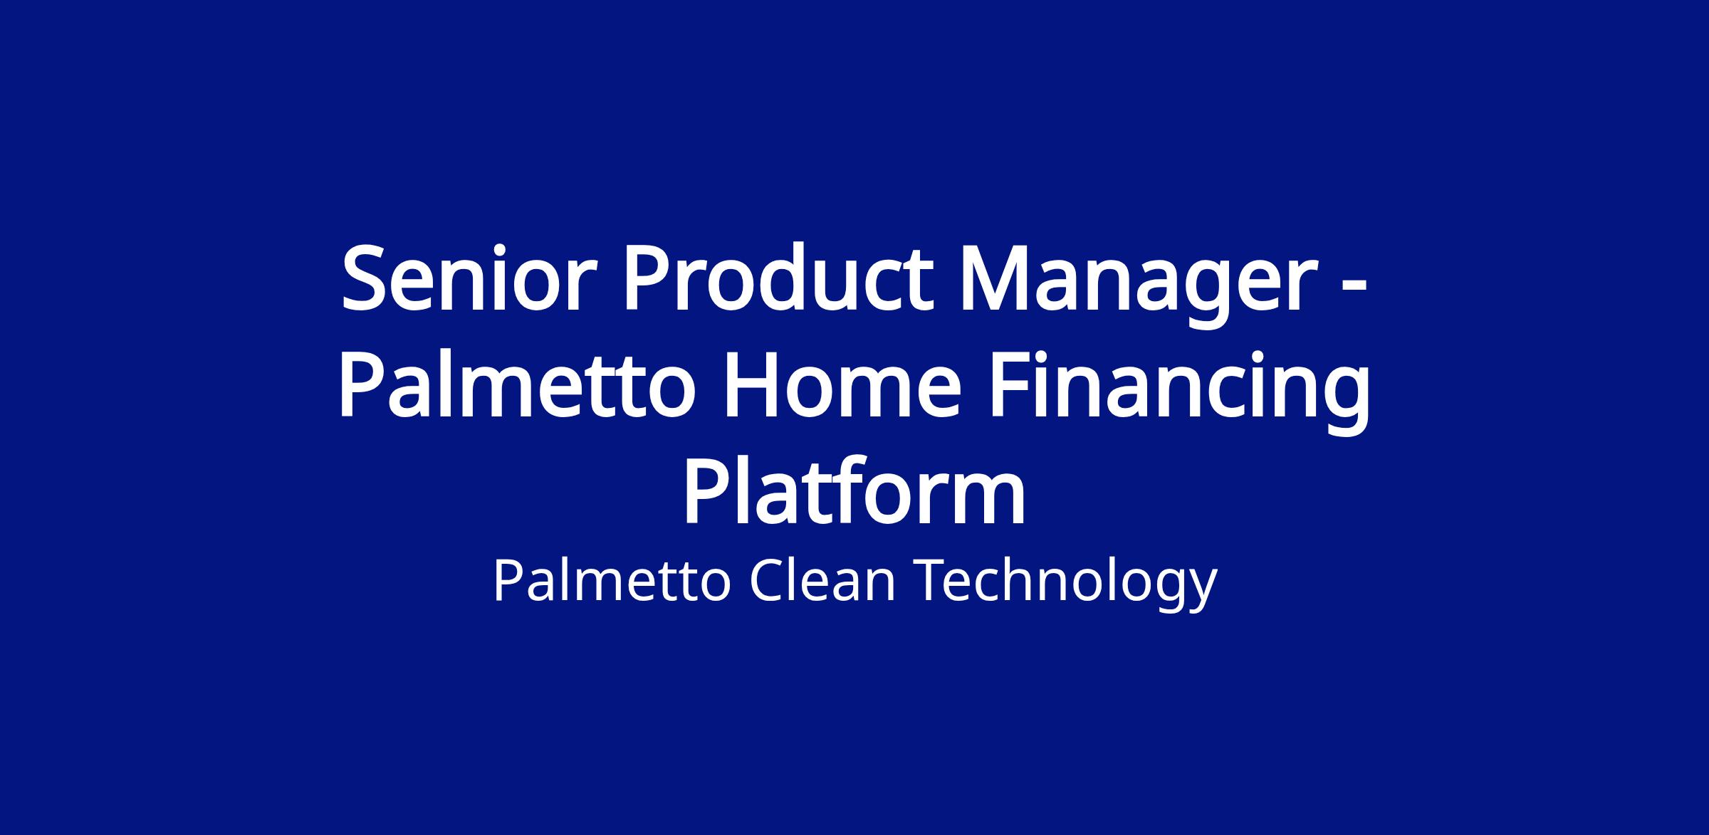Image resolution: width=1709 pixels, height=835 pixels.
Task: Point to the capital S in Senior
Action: point(365,280)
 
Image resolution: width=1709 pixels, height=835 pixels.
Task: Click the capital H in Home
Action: point(753,388)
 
